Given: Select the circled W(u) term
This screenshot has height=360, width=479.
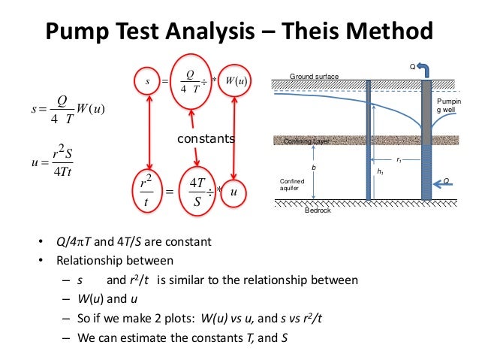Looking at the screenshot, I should click(x=238, y=79).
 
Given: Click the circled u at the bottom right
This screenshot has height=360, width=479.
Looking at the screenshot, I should click(x=233, y=192).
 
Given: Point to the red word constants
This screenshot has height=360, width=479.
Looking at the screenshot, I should click(x=206, y=139).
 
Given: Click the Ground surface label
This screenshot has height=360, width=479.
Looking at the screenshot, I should click(x=314, y=77).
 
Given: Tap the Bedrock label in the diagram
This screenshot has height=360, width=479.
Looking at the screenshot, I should click(x=318, y=210).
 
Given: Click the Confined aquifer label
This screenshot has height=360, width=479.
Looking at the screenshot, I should click(x=291, y=185).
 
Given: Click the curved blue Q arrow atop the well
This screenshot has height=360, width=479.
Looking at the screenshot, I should click(x=426, y=71).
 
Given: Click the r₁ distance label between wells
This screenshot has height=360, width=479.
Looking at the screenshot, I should click(x=399, y=159).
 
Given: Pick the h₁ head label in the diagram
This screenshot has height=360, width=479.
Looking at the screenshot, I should click(x=380, y=172).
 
